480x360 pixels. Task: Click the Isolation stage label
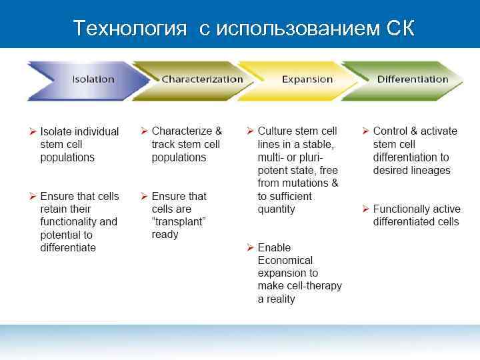tap(93, 79)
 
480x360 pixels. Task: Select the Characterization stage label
tap(202, 79)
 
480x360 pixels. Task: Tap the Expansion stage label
tap(307, 79)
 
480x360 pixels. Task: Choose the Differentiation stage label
tap(412, 79)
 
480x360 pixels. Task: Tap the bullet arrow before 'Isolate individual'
tap(32, 131)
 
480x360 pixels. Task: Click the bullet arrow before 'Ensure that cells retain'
tap(32, 196)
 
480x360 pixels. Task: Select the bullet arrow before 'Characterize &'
tap(144, 131)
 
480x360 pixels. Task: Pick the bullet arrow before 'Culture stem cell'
tap(250, 131)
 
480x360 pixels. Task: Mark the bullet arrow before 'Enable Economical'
tap(250, 248)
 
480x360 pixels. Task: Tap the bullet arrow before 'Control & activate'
tap(365, 131)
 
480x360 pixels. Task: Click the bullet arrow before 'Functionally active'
tap(365, 209)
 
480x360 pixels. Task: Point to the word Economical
tap(285, 261)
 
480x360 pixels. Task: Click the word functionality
tap(79, 222)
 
